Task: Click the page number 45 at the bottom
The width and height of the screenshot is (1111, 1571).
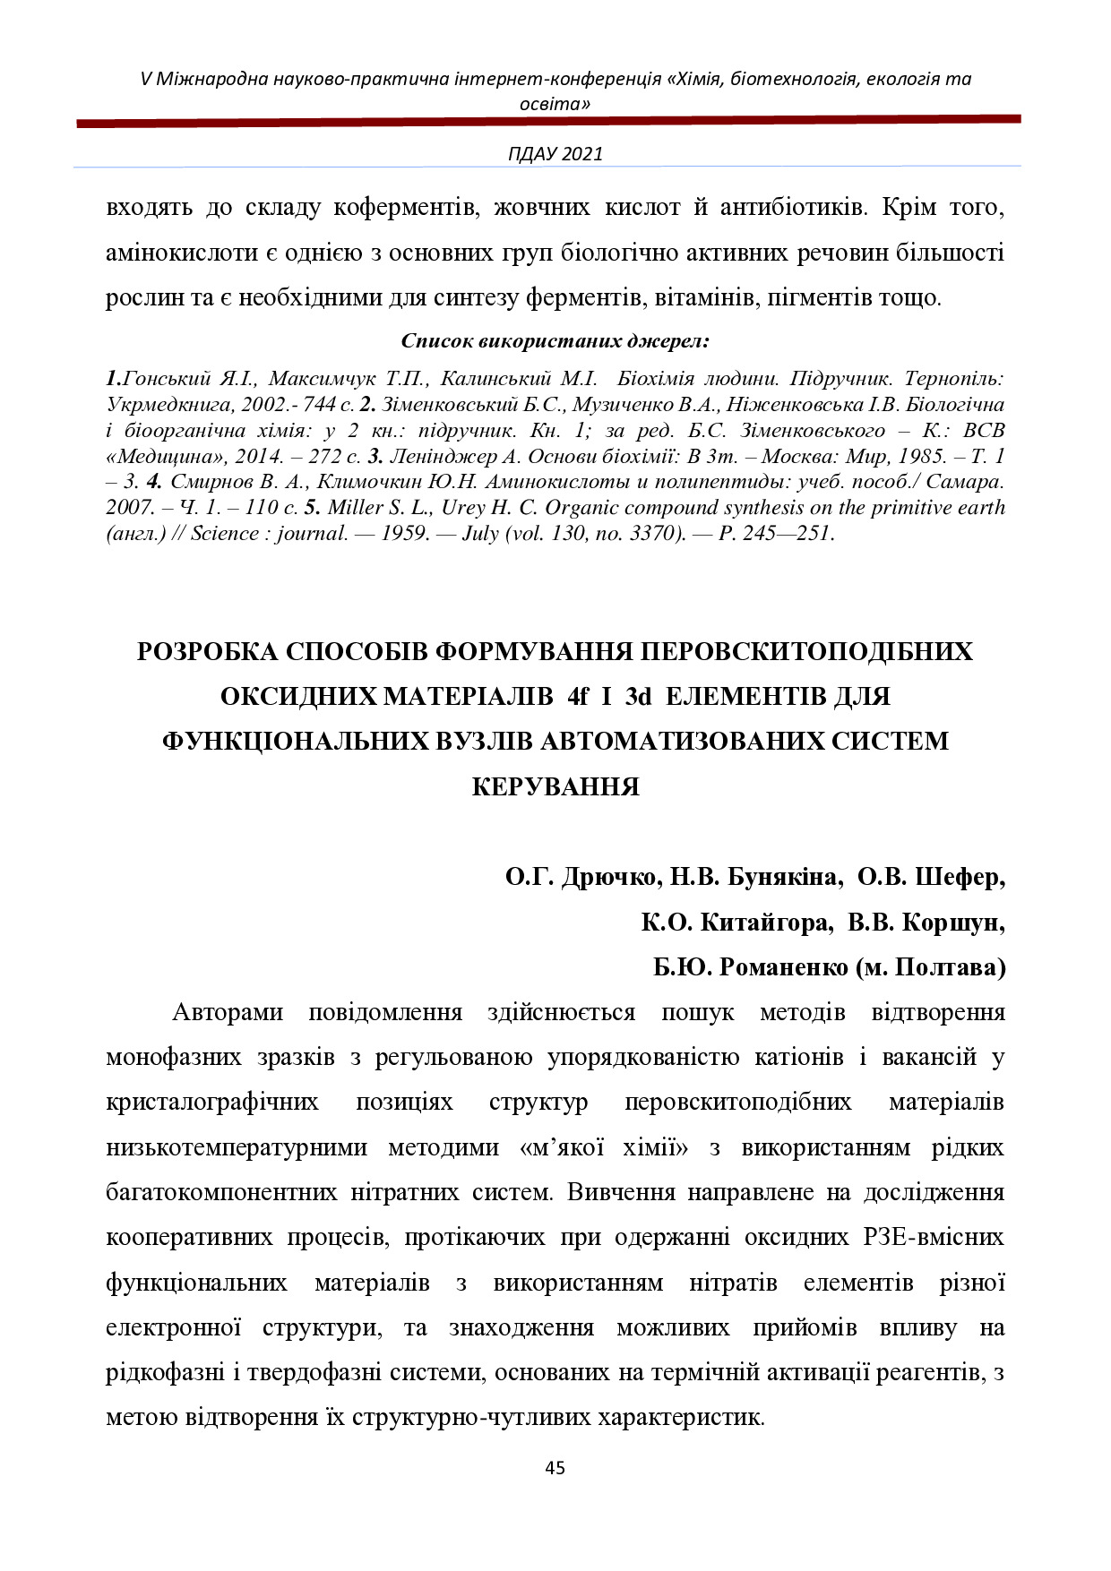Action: (555, 1468)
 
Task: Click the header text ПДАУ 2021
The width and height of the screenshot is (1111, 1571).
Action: (555, 153)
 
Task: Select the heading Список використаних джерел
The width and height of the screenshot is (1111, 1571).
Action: (555, 341)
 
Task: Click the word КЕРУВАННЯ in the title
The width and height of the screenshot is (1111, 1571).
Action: (555, 786)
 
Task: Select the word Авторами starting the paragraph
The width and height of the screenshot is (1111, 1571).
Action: (227, 1013)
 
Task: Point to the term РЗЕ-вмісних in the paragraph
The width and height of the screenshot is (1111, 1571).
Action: (934, 1238)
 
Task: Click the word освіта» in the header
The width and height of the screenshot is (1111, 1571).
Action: (555, 104)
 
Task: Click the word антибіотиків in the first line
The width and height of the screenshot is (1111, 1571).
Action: (793, 209)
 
